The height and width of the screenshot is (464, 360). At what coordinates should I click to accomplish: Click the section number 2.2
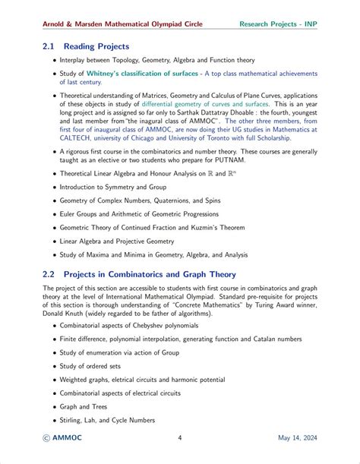coord(51,274)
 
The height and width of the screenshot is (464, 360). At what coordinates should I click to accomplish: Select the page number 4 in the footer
coord(179,437)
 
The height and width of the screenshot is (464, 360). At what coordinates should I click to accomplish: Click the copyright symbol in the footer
coord(48,437)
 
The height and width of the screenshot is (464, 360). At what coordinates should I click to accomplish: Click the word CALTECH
coord(75,138)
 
